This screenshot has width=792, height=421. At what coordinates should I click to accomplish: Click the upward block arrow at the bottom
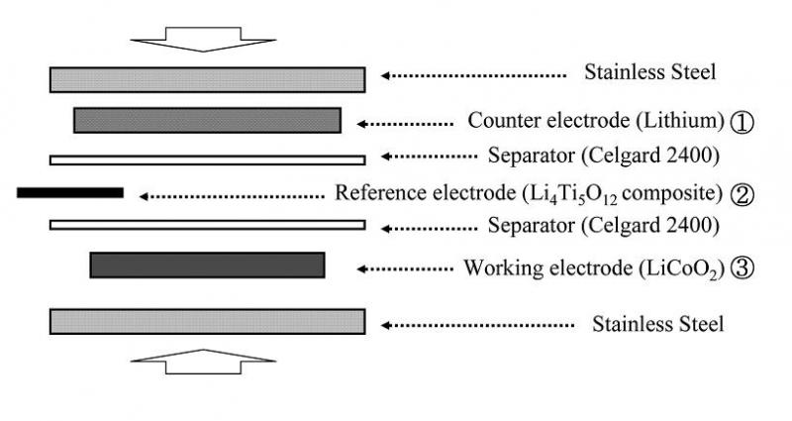[x=206, y=362]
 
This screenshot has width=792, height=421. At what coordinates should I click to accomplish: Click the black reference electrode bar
[x=69, y=192]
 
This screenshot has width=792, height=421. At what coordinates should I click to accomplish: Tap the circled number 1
[x=742, y=122]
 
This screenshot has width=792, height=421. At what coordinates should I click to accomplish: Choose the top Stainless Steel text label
[x=650, y=72]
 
